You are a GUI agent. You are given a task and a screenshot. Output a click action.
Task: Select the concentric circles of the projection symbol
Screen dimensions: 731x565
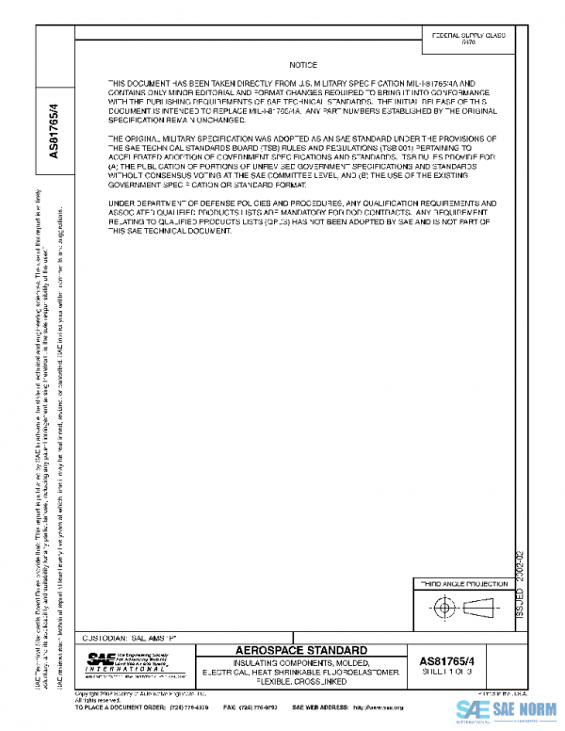(443, 609)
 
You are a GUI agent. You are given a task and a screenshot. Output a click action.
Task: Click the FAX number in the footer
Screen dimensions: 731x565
(250, 707)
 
